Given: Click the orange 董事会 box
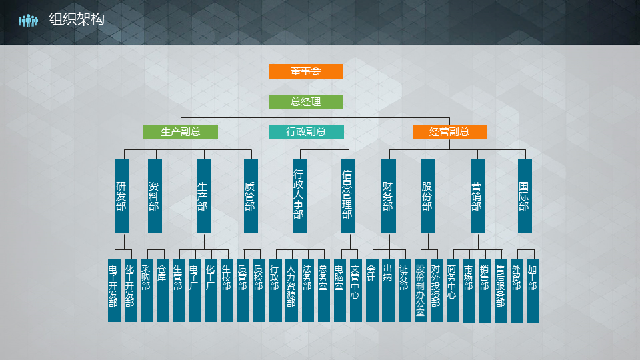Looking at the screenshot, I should tap(306, 71).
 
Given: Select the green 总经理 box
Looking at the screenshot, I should tap(306, 102).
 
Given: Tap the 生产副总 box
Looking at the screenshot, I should tap(181, 132).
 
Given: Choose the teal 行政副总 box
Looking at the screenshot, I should tap(306, 132).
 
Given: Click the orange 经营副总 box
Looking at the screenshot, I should tap(449, 132).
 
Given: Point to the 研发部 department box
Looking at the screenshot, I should tap(121, 196).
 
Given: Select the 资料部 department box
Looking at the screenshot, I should tap(155, 196).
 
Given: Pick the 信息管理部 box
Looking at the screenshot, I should tap(347, 196).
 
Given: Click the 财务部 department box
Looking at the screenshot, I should tap(388, 196).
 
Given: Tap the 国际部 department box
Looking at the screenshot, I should tap(525, 196).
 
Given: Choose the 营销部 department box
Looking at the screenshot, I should tap(477, 196).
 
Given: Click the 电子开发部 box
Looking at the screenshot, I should tap(114, 290).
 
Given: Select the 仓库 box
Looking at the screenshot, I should tap(163, 290).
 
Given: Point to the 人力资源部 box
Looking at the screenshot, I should tap(291, 290).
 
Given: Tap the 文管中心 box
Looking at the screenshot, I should tap(355, 290).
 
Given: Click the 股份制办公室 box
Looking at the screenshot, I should tap(420, 290).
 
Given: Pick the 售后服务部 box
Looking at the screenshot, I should tap(501, 290).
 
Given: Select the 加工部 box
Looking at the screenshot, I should tap(533, 290).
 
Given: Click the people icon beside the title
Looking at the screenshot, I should tap(29, 21).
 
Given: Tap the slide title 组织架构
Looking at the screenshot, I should tap(77, 20).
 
